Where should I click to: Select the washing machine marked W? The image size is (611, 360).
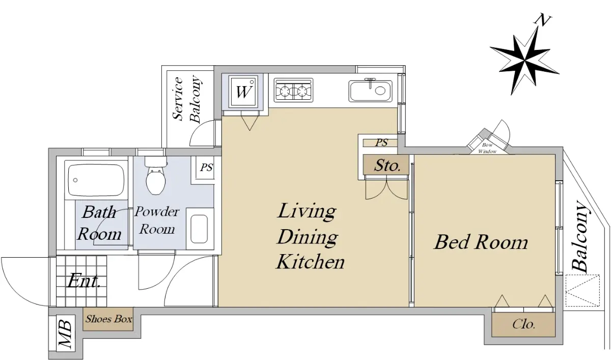(x=243, y=92)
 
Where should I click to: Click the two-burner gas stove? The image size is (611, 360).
(x=293, y=90)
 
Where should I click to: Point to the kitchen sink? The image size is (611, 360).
(x=370, y=91)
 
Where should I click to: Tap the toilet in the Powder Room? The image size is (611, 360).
(x=156, y=175)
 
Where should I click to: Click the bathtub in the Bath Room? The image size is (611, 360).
(x=96, y=180)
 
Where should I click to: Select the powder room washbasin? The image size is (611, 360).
(x=200, y=229)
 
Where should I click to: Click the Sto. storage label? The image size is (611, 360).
(x=387, y=165)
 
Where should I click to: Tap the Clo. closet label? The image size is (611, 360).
(x=524, y=324)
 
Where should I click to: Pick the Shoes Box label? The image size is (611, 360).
(x=109, y=319)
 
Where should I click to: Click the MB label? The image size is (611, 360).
(x=66, y=334)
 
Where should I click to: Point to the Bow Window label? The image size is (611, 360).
(x=487, y=148)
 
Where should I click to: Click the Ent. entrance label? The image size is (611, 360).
(x=84, y=281)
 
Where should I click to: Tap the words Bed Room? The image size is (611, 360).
(x=481, y=242)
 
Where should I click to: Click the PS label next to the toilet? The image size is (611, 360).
(x=206, y=167)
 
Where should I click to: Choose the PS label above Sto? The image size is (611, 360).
(x=381, y=143)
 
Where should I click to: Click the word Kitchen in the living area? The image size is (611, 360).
(x=311, y=262)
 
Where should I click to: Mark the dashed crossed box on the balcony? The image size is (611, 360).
(x=582, y=290)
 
